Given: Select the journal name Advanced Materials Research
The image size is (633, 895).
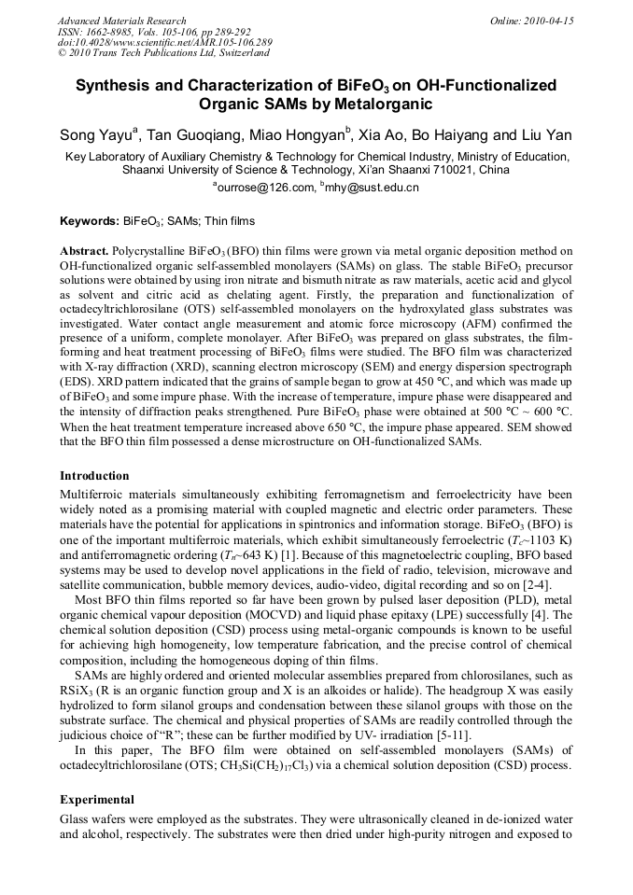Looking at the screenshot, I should [x=121, y=21].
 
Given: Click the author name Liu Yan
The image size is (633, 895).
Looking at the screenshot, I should [x=546, y=136].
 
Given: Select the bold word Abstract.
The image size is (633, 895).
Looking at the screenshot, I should [x=84, y=252].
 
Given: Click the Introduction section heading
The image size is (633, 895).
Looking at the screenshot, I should [x=94, y=476].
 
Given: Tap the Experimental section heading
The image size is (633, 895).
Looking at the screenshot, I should [x=97, y=800].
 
